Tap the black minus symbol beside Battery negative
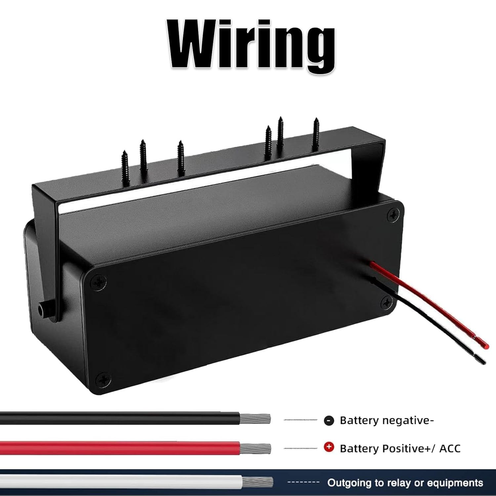329,421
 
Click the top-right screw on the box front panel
393,215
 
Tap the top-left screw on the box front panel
100,282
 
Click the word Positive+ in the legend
402,449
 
